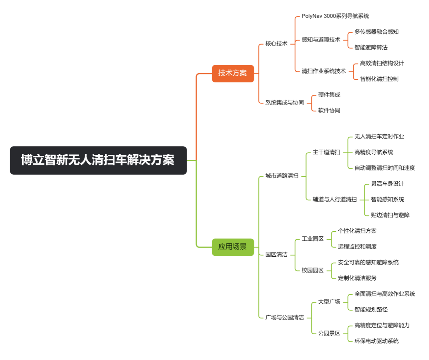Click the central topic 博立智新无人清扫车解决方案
click(x=98, y=160)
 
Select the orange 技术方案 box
click(x=233, y=73)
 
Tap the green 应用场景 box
click(x=233, y=247)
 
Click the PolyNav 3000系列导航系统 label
click(x=335, y=16)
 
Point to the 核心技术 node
click(x=276, y=44)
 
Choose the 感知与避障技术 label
click(x=321, y=40)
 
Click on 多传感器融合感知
click(x=376, y=32)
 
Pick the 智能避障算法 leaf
click(x=371, y=48)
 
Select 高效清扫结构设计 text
click(x=382, y=63)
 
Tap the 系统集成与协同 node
click(x=284, y=103)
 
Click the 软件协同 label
click(x=329, y=110)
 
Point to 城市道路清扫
click(x=281, y=176)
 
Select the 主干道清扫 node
click(x=326, y=152)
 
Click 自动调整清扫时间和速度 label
click(x=384, y=168)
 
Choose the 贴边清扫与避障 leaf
click(x=390, y=215)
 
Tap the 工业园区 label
click(x=313, y=239)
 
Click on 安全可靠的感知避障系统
click(x=368, y=262)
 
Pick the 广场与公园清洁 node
click(x=285, y=317)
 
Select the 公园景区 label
click(x=329, y=333)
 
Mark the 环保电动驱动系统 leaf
click(x=376, y=341)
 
